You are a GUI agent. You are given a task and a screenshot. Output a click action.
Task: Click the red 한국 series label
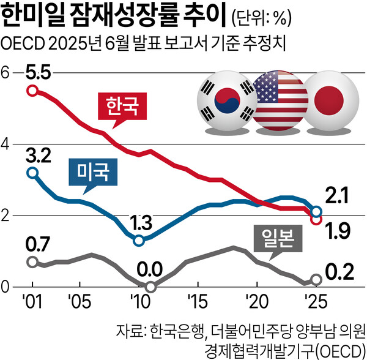tap(123, 108)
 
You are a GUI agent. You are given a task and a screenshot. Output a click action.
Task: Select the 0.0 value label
tap(150, 269)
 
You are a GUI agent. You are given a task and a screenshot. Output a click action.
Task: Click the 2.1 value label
tap(336, 196)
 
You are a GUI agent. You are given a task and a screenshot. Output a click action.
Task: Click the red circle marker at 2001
tap(32, 91)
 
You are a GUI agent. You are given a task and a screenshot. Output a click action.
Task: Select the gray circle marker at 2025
tap(316, 279)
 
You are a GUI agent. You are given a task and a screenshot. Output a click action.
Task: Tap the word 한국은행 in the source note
tap(174, 331)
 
